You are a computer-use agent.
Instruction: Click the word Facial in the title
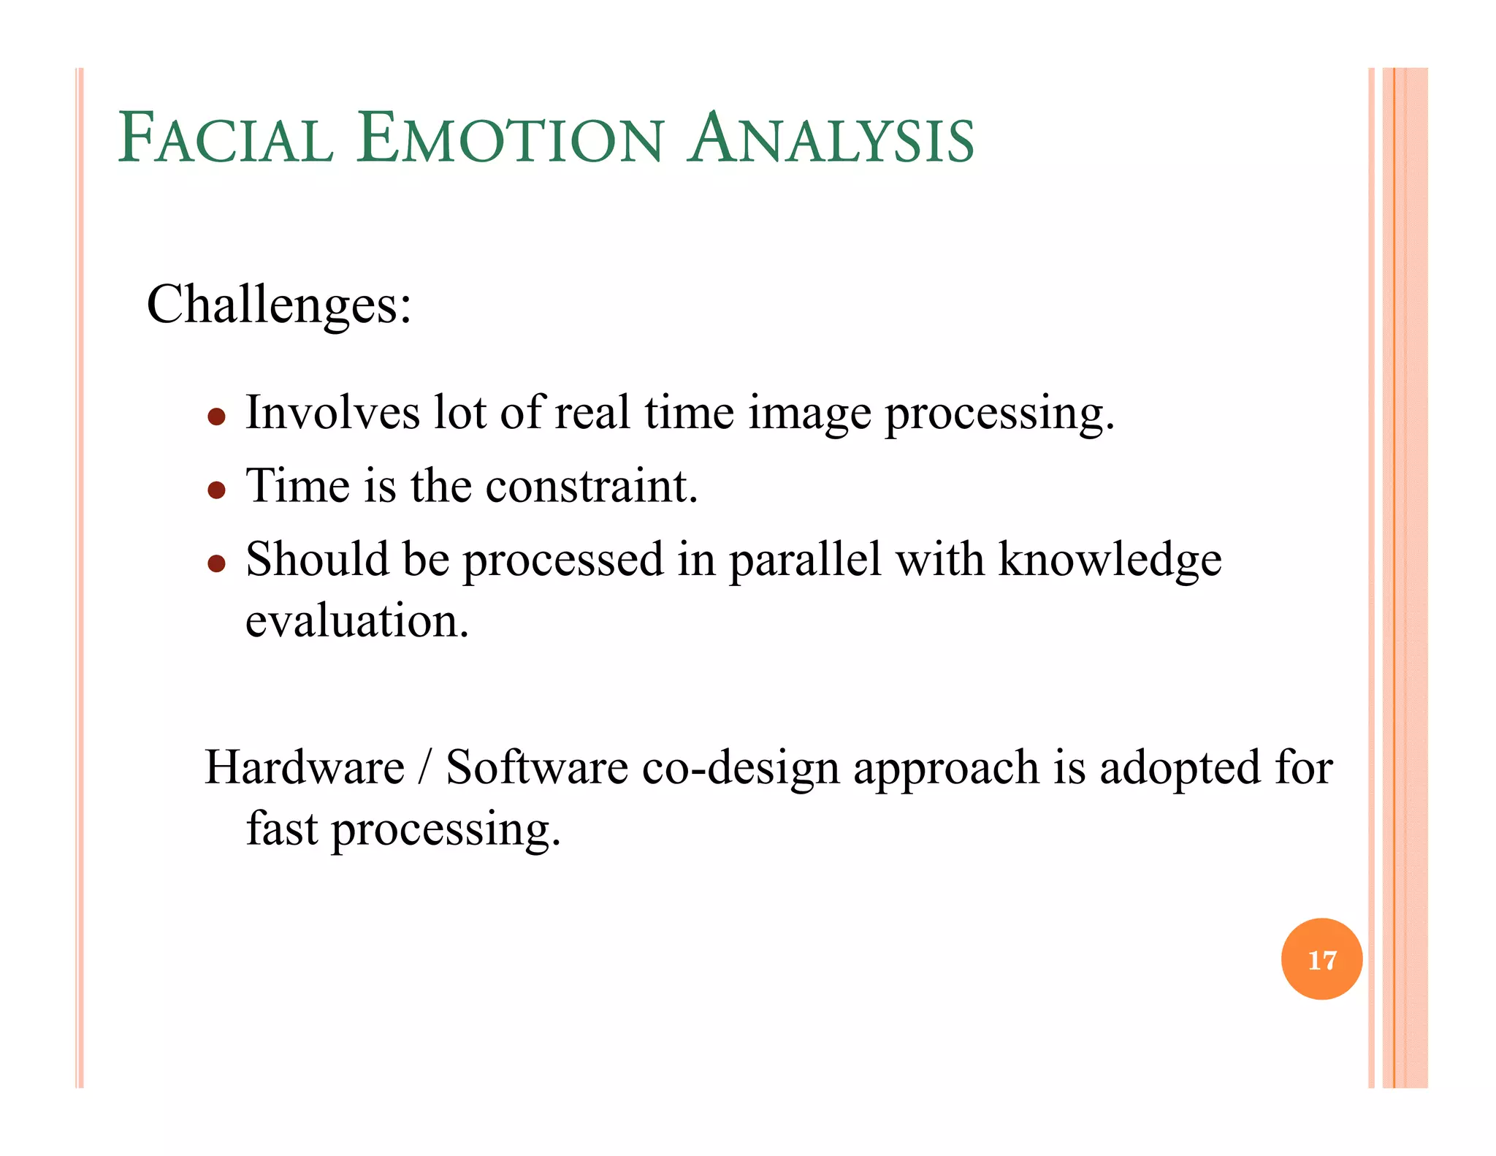(226, 139)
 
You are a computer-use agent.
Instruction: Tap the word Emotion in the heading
(511, 139)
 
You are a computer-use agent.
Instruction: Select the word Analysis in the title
(831, 139)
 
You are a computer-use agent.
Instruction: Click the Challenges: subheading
(279, 305)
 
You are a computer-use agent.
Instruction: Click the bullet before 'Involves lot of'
(216, 417)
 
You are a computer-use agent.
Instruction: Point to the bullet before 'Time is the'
(216, 490)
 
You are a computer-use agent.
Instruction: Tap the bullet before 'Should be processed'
(216, 563)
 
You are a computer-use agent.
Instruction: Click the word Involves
(332, 413)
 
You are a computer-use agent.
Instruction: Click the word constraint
(592, 486)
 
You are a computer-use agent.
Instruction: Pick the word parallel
(805, 561)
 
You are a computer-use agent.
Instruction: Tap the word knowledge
(1110, 561)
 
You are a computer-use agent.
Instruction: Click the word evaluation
(356, 621)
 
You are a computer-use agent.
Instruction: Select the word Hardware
(305, 768)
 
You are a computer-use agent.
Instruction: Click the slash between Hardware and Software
(425, 768)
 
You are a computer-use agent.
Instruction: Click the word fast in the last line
(282, 829)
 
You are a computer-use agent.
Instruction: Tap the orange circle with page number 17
(1321, 959)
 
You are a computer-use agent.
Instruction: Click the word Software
(537, 768)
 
